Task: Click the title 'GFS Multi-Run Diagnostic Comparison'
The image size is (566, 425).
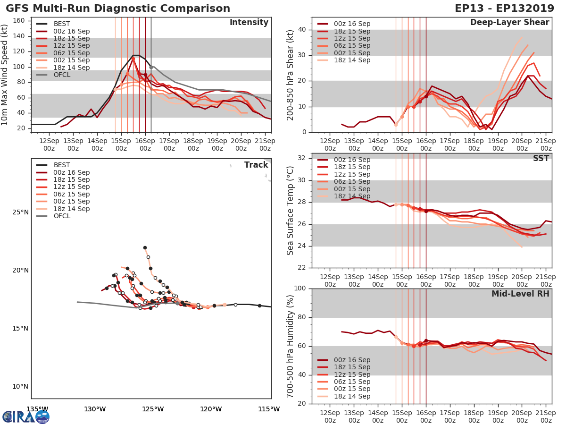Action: coord(118,8)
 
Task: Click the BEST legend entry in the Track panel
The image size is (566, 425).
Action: coord(61,165)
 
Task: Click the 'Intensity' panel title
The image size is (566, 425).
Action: coord(249,22)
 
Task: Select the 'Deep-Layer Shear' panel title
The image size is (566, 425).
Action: coord(509,22)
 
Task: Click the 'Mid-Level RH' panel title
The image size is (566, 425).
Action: coord(520,294)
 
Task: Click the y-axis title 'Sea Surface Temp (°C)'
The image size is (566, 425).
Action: coord(291,211)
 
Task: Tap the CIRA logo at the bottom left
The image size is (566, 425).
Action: coord(25,416)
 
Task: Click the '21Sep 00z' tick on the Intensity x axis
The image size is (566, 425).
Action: coord(265,144)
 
